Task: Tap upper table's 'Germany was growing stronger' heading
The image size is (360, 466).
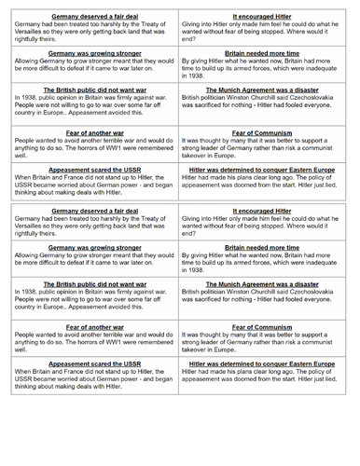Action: pos(96,55)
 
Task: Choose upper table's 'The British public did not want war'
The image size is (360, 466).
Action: pos(96,94)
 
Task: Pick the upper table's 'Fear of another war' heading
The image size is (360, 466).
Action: pos(96,135)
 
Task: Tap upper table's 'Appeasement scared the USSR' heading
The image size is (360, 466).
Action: pos(96,173)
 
